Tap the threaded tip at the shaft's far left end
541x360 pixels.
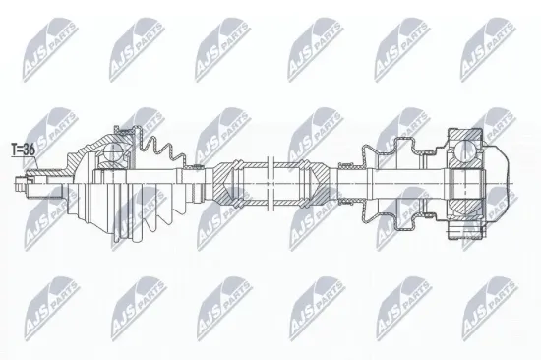point(21,180)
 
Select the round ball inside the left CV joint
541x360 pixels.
point(114,152)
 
